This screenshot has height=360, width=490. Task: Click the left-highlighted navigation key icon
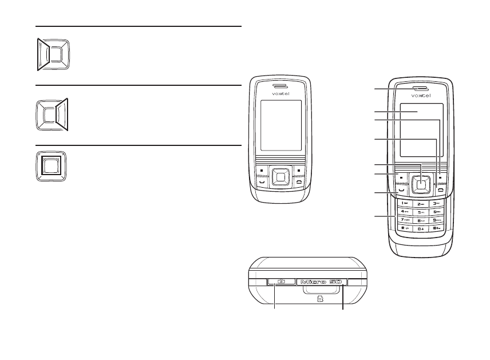(x=53, y=54)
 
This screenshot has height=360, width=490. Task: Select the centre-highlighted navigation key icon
(x=52, y=167)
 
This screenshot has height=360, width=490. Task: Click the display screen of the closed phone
(x=280, y=125)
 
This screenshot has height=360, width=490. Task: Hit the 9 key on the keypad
(x=437, y=220)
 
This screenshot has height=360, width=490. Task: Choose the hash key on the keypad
(x=437, y=228)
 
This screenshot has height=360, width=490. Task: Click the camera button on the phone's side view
(x=282, y=282)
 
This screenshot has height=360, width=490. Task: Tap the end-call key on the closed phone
(x=299, y=181)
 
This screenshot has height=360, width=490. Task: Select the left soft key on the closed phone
(x=261, y=170)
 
